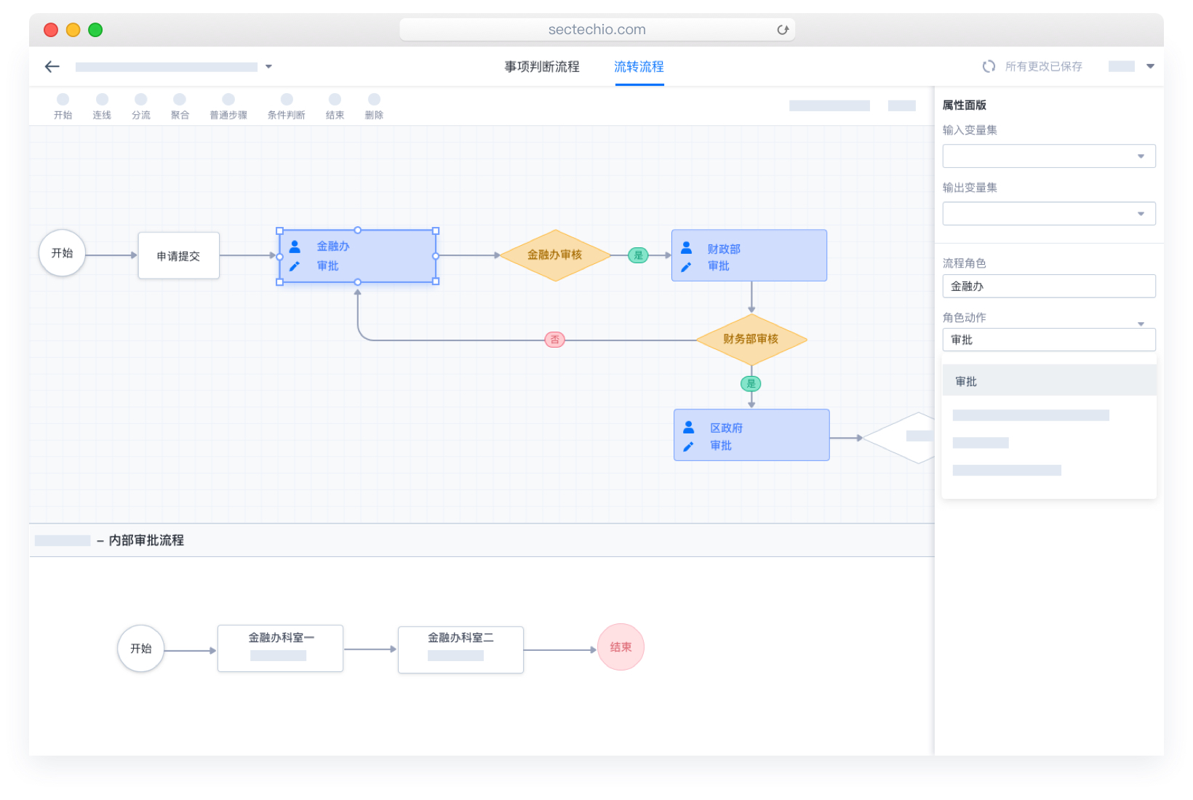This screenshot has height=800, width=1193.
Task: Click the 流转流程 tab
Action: (639, 67)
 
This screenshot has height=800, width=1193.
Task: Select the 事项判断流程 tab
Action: (542, 67)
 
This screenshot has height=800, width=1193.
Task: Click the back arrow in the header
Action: (52, 67)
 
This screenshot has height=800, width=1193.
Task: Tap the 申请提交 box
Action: (178, 256)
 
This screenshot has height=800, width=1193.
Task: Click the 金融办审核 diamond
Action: (555, 255)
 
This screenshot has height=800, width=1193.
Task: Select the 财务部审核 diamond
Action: (751, 340)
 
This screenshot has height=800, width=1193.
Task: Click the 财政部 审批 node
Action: (749, 256)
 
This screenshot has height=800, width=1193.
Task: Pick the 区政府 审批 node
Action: (751, 435)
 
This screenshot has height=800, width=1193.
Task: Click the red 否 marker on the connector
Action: (555, 340)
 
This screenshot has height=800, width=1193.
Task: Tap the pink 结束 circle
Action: (621, 647)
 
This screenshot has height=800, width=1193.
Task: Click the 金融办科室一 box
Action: (281, 648)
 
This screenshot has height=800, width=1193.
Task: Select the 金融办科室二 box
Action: (460, 649)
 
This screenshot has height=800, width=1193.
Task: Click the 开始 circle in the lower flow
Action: (141, 649)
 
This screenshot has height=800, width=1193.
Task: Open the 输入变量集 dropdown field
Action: (1048, 156)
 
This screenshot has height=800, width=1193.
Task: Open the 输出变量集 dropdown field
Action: (1048, 214)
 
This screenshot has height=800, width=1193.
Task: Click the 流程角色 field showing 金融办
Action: (1048, 287)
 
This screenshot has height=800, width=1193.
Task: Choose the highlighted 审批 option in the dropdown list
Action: (1048, 382)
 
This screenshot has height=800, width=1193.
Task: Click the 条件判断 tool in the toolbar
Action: (287, 106)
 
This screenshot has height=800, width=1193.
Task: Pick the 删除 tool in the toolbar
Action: (374, 106)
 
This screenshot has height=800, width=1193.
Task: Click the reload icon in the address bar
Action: (783, 30)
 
